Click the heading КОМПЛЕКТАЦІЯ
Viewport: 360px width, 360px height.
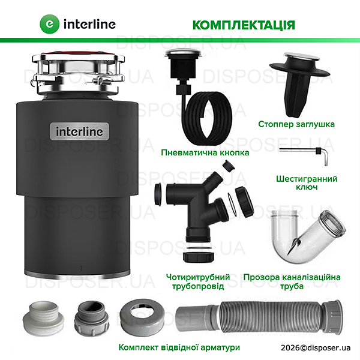pos(243,24)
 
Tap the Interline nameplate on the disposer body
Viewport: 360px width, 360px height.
pos(79,131)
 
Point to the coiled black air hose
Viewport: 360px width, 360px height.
pos(207,116)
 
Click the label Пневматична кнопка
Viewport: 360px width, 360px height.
pos(205,152)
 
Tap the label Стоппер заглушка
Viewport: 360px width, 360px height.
pos(296,124)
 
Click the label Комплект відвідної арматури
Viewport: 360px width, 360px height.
pos(179,347)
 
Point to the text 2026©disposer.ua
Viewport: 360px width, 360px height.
pos(315,348)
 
